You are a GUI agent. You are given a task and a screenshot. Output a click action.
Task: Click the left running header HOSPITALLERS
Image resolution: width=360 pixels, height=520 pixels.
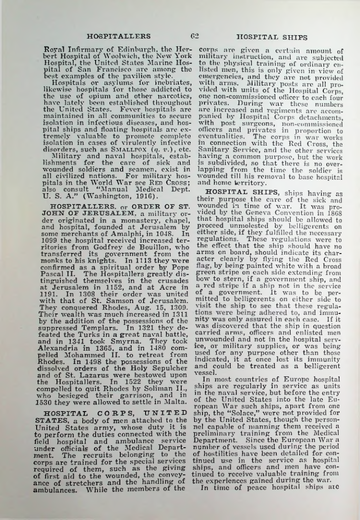[119, 36]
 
